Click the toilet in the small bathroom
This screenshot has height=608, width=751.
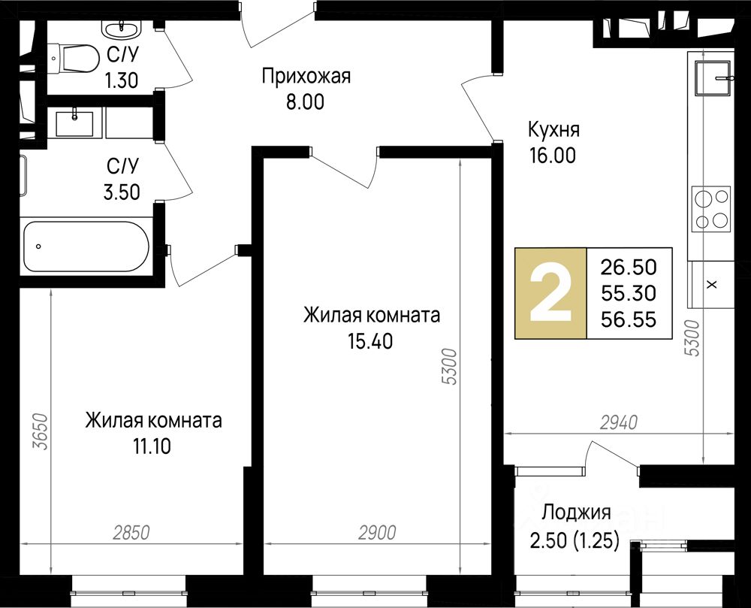[73, 58]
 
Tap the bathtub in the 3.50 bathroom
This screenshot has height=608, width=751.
[86, 247]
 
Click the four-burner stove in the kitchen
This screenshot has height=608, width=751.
[710, 209]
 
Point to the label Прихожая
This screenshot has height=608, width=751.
[306, 77]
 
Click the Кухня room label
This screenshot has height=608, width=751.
[553, 130]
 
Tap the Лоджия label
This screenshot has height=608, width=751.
[576, 513]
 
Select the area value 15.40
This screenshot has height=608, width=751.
[370, 341]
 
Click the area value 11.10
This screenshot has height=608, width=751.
[152, 446]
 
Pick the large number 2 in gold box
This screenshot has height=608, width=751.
[550, 294]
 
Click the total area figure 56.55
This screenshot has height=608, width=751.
[629, 319]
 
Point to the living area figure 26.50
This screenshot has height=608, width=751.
[629, 268]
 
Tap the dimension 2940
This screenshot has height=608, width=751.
[619, 422]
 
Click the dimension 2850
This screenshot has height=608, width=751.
[131, 532]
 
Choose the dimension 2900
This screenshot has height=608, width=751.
[378, 532]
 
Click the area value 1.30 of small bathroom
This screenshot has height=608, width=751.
[122, 80]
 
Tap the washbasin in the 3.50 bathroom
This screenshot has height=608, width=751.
[74, 123]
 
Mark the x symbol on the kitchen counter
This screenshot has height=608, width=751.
[712, 285]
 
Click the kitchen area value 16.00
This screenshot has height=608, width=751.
[553, 156]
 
